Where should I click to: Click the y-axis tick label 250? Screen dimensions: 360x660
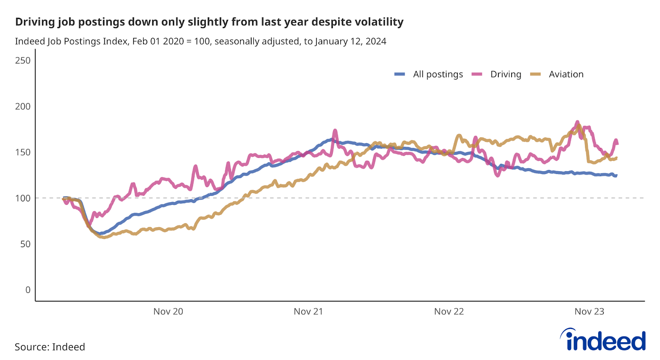pyautogui.click(x=23, y=61)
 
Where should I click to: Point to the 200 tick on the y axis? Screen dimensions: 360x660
pyautogui.click(x=23, y=106)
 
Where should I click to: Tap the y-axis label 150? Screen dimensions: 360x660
pyautogui.click(x=23, y=152)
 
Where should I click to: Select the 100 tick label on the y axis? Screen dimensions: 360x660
pyautogui.click(x=23, y=198)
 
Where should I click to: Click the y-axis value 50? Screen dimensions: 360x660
pyautogui.click(x=25, y=244)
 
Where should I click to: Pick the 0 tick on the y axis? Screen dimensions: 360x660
pyautogui.click(x=28, y=290)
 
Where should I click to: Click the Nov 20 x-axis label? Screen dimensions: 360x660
pyautogui.click(x=168, y=312)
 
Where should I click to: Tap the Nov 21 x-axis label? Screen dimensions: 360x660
pyautogui.click(x=308, y=312)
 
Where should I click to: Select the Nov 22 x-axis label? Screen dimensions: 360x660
pyautogui.click(x=449, y=312)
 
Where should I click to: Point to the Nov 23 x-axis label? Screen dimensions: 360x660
pyautogui.click(x=589, y=312)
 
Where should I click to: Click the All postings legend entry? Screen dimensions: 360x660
pyautogui.click(x=438, y=74)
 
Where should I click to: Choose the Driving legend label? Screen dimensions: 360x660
pyautogui.click(x=506, y=74)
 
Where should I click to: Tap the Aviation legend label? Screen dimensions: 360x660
pyautogui.click(x=566, y=74)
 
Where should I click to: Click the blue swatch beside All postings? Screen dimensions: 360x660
pyautogui.click(x=400, y=74)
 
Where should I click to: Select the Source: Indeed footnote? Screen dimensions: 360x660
pyautogui.click(x=50, y=347)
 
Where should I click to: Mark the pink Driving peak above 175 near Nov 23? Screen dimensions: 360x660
pyautogui.click(x=577, y=122)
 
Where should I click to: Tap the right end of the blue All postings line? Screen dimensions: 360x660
pyautogui.click(x=616, y=176)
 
